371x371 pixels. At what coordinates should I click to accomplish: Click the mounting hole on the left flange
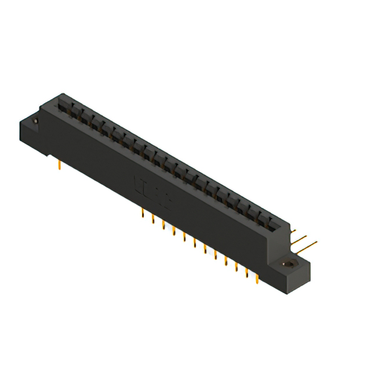34,121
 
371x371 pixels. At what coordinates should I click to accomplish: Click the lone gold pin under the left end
60,165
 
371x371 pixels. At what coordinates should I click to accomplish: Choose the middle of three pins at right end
299,238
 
